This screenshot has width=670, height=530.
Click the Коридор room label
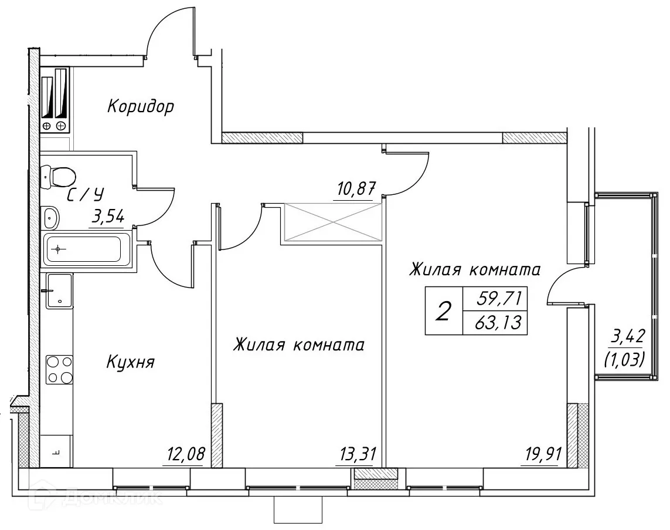141,107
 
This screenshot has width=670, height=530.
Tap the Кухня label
130,363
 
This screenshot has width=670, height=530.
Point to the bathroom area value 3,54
107,218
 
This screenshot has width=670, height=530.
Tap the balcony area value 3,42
627,337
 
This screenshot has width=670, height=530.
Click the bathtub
83,249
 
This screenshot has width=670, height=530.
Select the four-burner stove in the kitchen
59,370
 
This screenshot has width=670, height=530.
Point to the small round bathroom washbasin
52,218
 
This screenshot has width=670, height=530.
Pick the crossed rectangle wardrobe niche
332,222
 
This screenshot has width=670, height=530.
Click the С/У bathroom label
86,195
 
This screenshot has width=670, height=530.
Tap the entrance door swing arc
167,29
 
